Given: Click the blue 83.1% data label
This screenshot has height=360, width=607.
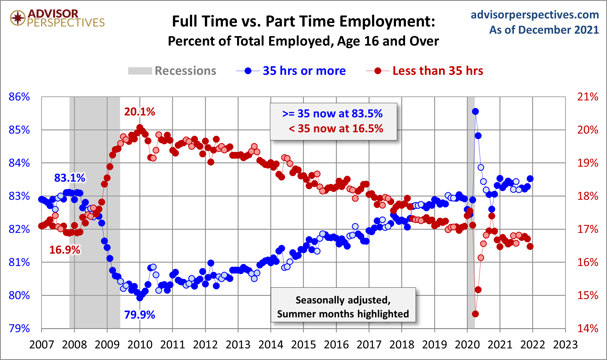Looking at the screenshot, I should [x=70, y=178].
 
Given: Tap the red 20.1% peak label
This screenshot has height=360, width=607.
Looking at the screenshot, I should [x=139, y=112].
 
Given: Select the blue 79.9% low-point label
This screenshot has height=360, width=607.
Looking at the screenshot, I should [x=139, y=315].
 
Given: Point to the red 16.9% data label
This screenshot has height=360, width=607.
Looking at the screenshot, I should [x=65, y=250].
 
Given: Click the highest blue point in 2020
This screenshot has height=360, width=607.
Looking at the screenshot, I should [x=475, y=111].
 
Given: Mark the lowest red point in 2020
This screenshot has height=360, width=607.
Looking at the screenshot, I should [x=475, y=314].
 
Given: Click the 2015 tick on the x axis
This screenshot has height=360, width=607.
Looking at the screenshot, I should [x=303, y=344].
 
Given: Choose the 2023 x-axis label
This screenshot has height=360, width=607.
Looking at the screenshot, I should [x=565, y=344].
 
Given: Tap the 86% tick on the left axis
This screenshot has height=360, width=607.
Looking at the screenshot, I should [x=19, y=97].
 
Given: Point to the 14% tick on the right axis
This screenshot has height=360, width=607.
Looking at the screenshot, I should [x=588, y=328].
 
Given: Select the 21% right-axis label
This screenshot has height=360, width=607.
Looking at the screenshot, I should [x=588, y=97].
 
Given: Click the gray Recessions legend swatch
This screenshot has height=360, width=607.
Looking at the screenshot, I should [x=140, y=71].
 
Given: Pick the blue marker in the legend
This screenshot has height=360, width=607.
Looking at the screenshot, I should [x=248, y=71].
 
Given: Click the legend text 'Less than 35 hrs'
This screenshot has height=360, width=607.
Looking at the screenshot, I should [x=438, y=71].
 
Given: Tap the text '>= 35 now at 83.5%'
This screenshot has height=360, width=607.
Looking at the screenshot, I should [x=332, y=114].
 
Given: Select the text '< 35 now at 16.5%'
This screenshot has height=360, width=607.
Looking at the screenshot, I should [x=336, y=128].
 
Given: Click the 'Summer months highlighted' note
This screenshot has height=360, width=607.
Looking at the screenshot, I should [x=343, y=314].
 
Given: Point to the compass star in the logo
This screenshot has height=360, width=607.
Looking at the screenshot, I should [x=18, y=18].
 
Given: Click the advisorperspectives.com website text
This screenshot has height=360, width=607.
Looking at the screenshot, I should [x=535, y=15].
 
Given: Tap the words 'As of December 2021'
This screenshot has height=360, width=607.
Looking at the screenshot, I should [x=544, y=30].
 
